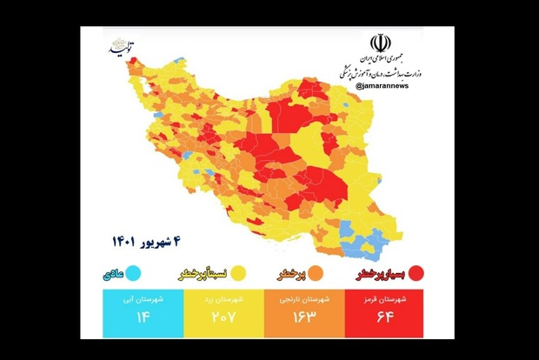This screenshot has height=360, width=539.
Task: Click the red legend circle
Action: (x=417, y=273)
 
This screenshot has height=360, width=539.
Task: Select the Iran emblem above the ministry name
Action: (x=380, y=43)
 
